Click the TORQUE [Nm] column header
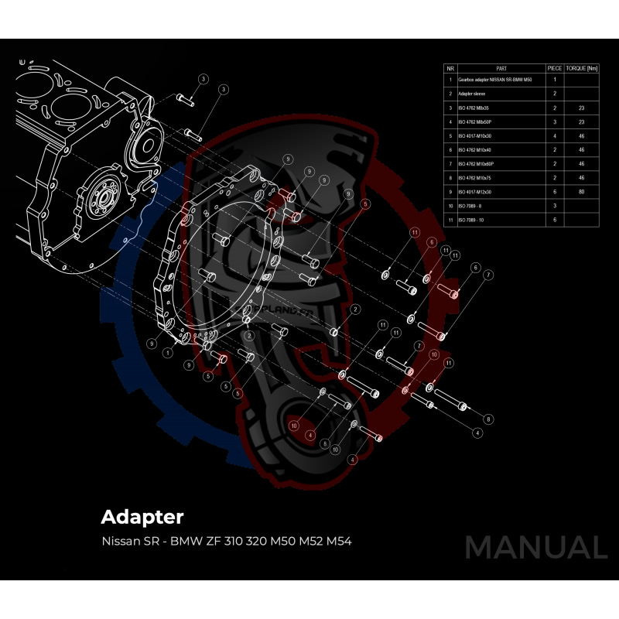pos(582,68)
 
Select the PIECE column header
pos(555,68)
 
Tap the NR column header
pos(450,68)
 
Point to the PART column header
pos(501,68)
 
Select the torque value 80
pos(582,192)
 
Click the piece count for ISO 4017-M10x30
pos(555,135)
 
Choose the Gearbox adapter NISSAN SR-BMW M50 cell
pos(495,80)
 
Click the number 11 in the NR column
pos(450,220)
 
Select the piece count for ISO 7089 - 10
pos(555,220)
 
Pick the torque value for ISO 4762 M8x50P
pos(582,121)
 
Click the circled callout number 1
pos(168,352)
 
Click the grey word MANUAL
pos(535,547)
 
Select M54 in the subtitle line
pos(339,540)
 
